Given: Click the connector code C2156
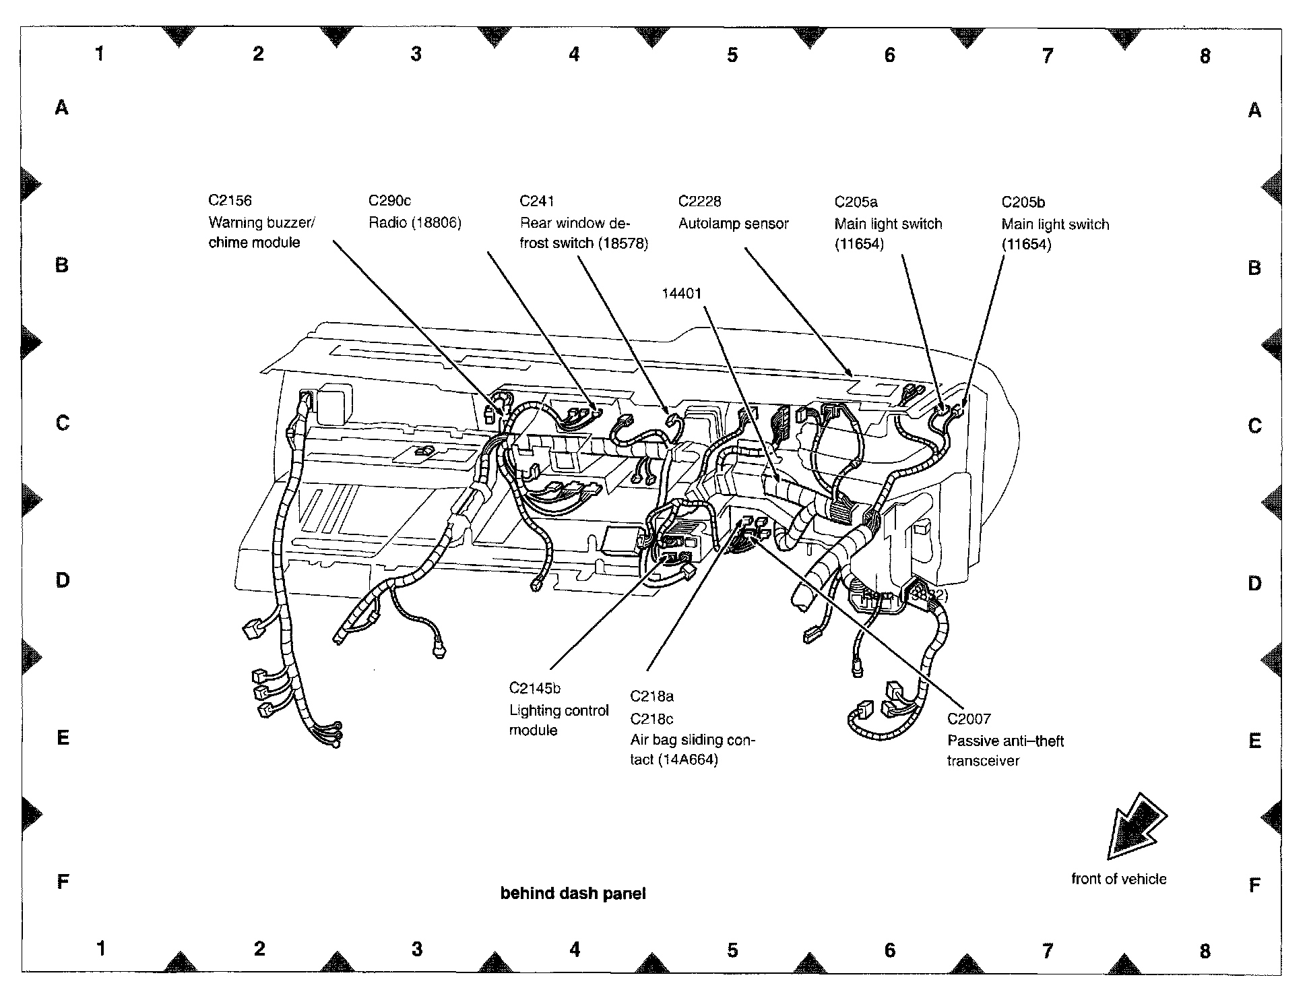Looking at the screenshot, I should click(x=230, y=200).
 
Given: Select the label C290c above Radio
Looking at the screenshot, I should click(x=389, y=201).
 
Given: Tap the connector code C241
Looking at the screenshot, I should click(x=536, y=201).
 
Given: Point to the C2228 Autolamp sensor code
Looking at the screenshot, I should click(x=699, y=201).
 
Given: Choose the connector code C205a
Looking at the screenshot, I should click(x=856, y=202).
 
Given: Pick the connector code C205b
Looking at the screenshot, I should click(x=1023, y=202).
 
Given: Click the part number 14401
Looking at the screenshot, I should click(x=681, y=293).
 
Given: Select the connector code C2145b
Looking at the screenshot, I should click(x=535, y=688).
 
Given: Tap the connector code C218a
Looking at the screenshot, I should click(x=651, y=696).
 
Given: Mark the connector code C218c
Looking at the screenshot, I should click(x=651, y=718).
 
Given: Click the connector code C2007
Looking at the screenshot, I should click(x=969, y=719).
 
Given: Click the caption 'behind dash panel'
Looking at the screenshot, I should click(x=573, y=894).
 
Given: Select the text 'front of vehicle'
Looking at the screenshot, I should click(x=1118, y=879).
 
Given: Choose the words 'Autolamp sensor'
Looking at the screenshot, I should click(x=733, y=224).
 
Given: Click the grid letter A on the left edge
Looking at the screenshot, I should click(x=61, y=107).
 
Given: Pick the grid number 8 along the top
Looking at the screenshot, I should click(x=1205, y=56).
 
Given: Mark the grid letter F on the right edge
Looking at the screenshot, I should click(x=1254, y=885).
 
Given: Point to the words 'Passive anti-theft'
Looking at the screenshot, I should click(x=1005, y=741).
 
